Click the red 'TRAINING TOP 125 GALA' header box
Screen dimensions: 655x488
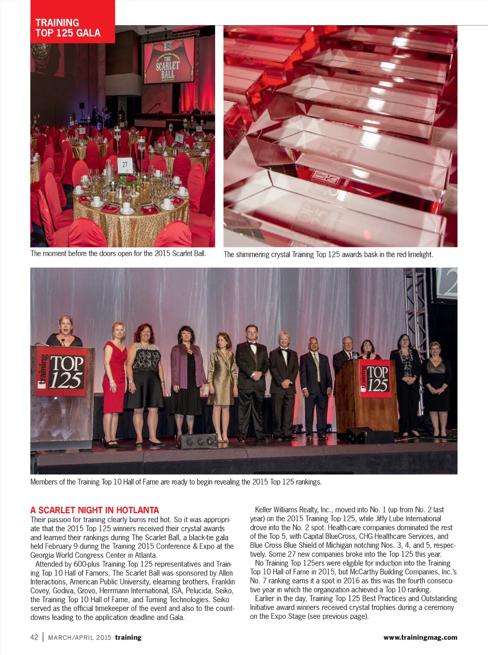coord(72,22)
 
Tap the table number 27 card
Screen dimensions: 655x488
coord(124,164)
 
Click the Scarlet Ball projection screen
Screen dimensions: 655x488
coord(169,61)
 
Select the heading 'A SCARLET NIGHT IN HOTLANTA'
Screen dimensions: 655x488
coord(94,510)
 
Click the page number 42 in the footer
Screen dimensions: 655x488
coord(34,637)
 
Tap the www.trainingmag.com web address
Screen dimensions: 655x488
coord(420,637)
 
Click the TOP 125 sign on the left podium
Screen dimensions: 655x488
coord(62,372)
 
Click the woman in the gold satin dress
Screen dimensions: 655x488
coord(222,376)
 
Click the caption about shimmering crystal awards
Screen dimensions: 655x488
coord(328,255)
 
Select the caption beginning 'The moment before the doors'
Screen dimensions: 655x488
coord(118,254)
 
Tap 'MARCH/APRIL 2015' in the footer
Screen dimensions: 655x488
coord(80,637)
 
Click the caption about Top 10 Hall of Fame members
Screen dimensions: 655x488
coord(176,482)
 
